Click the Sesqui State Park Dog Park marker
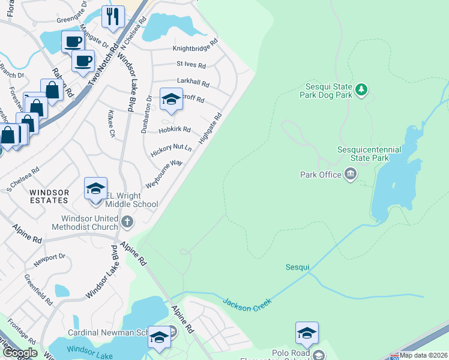tap(361, 90)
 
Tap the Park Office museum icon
tap(351, 175)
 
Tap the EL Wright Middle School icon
tap(95, 188)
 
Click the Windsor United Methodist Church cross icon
tap(127, 223)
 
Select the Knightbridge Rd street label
tap(194, 49)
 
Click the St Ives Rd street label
tap(191, 65)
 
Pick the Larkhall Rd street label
tap(193, 83)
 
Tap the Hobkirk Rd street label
tap(174, 130)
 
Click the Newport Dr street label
tap(49, 257)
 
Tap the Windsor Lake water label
tap(86, 349)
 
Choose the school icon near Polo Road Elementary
tap(306, 333)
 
